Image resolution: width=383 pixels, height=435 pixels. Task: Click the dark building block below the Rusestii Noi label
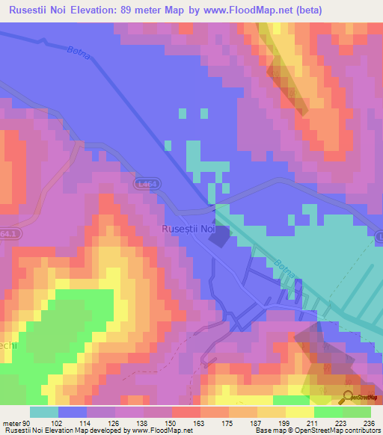click(x=220, y=238)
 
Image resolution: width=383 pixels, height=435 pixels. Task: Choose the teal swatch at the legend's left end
click(x=43, y=412)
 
